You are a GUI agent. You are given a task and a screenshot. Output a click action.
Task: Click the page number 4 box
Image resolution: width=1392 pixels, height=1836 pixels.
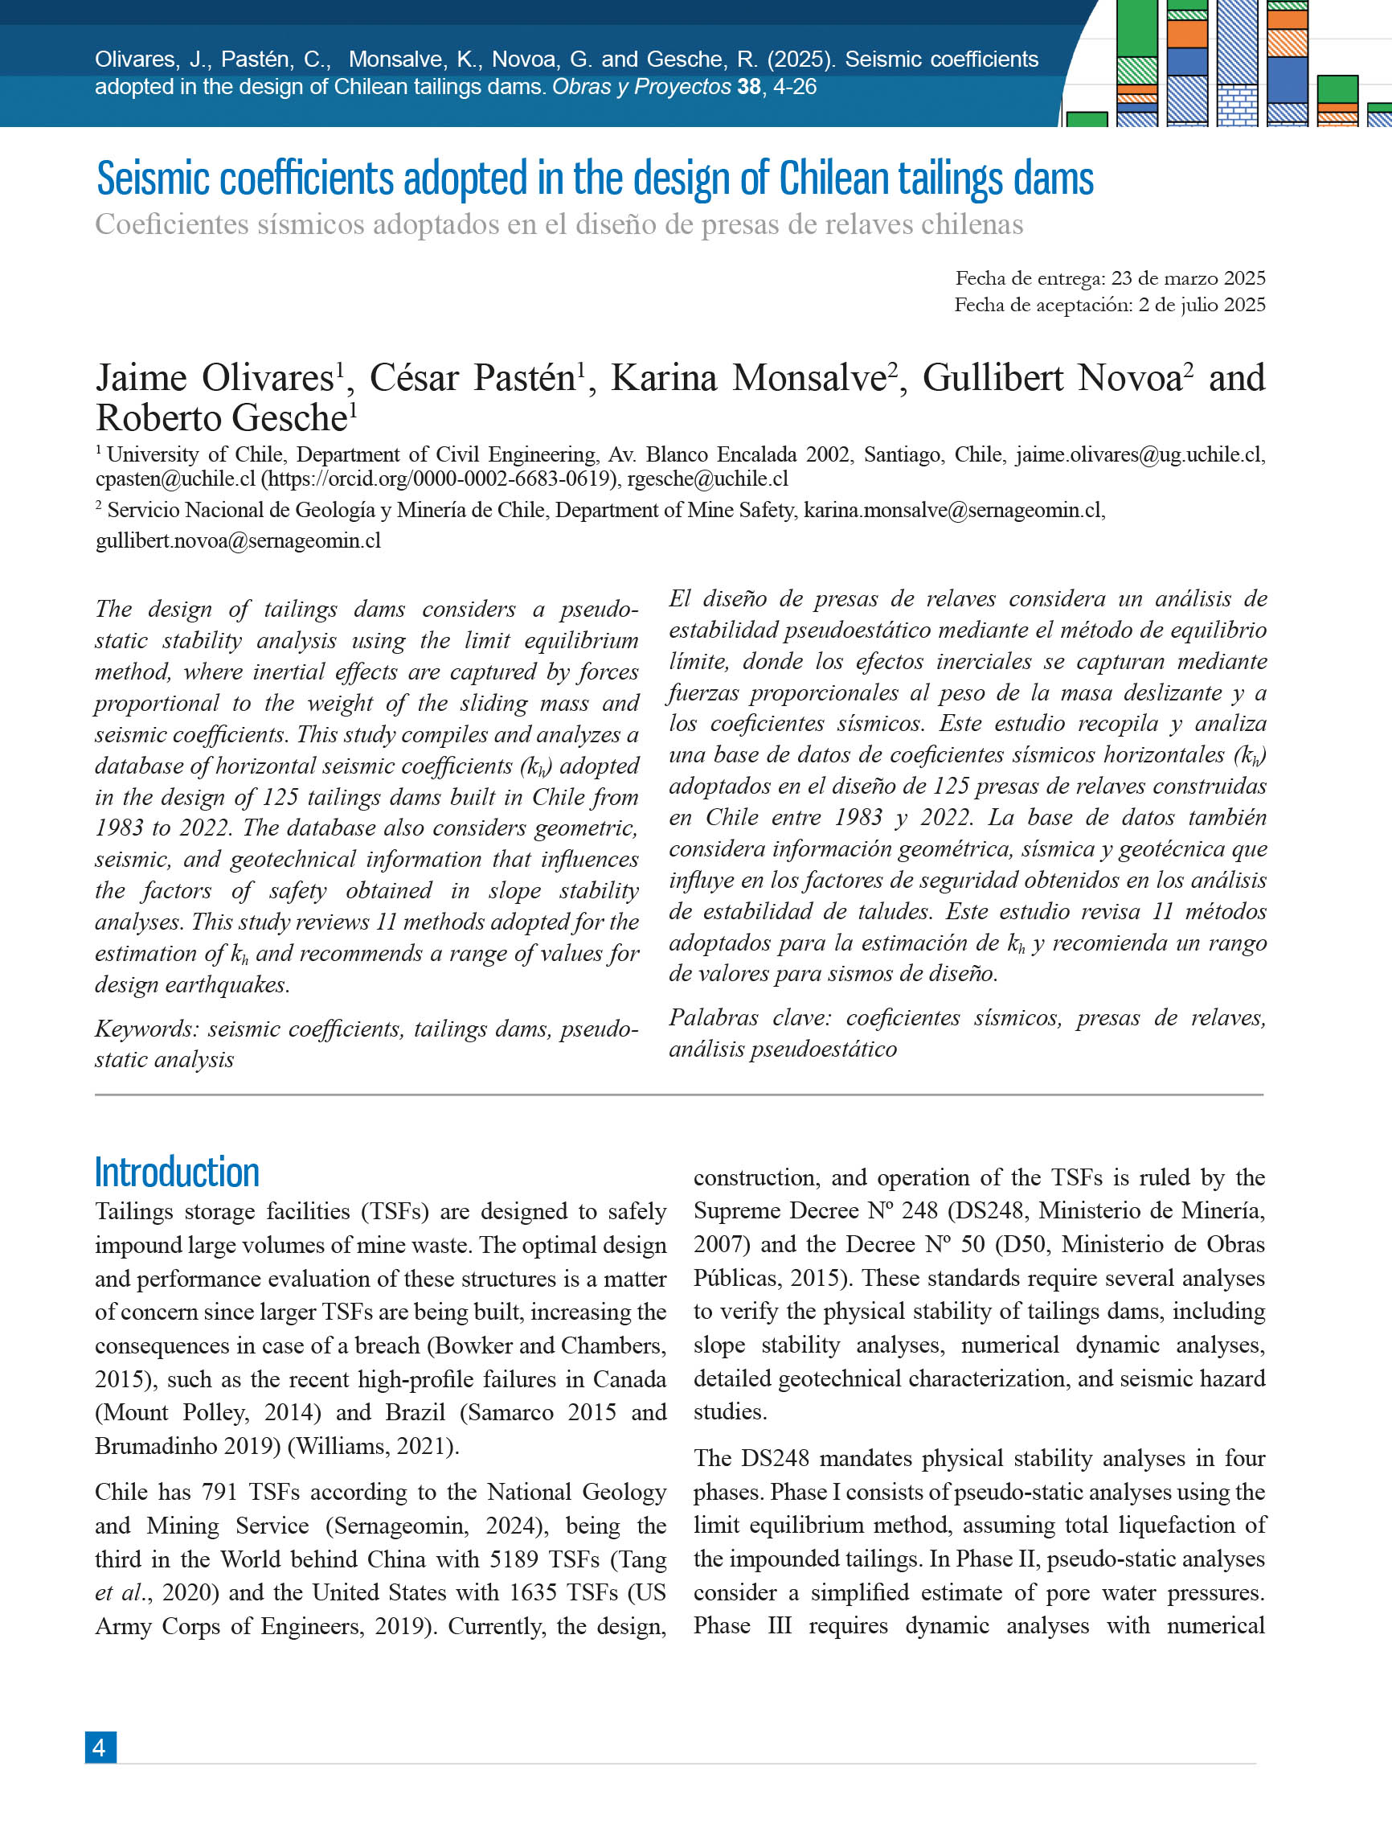(x=100, y=1748)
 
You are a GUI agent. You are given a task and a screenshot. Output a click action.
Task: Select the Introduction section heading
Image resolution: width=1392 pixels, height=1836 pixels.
(x=177, y=1172)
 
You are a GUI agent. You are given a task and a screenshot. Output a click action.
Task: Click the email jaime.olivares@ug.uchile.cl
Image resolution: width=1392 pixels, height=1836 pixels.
(x=1139, y=454)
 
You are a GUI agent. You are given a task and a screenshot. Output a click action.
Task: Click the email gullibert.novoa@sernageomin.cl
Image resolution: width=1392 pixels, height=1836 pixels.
(x=238, y=540)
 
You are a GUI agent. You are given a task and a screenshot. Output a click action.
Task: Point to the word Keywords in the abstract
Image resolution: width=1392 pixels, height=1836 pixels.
(x=146, y=1029)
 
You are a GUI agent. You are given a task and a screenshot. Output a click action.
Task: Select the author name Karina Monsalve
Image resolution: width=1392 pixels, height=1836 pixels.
(x=749, y=379)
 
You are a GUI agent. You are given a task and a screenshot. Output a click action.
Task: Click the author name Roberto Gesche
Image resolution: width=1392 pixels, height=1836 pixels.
(x=222, y=417)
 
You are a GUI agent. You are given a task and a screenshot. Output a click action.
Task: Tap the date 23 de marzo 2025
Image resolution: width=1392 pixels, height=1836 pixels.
(x=1188, y=278)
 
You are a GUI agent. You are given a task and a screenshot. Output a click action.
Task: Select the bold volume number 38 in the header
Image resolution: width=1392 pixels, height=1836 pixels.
(x=748, y=86)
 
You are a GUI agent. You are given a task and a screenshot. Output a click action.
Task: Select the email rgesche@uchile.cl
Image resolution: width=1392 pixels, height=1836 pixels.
(x=707, y=479)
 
